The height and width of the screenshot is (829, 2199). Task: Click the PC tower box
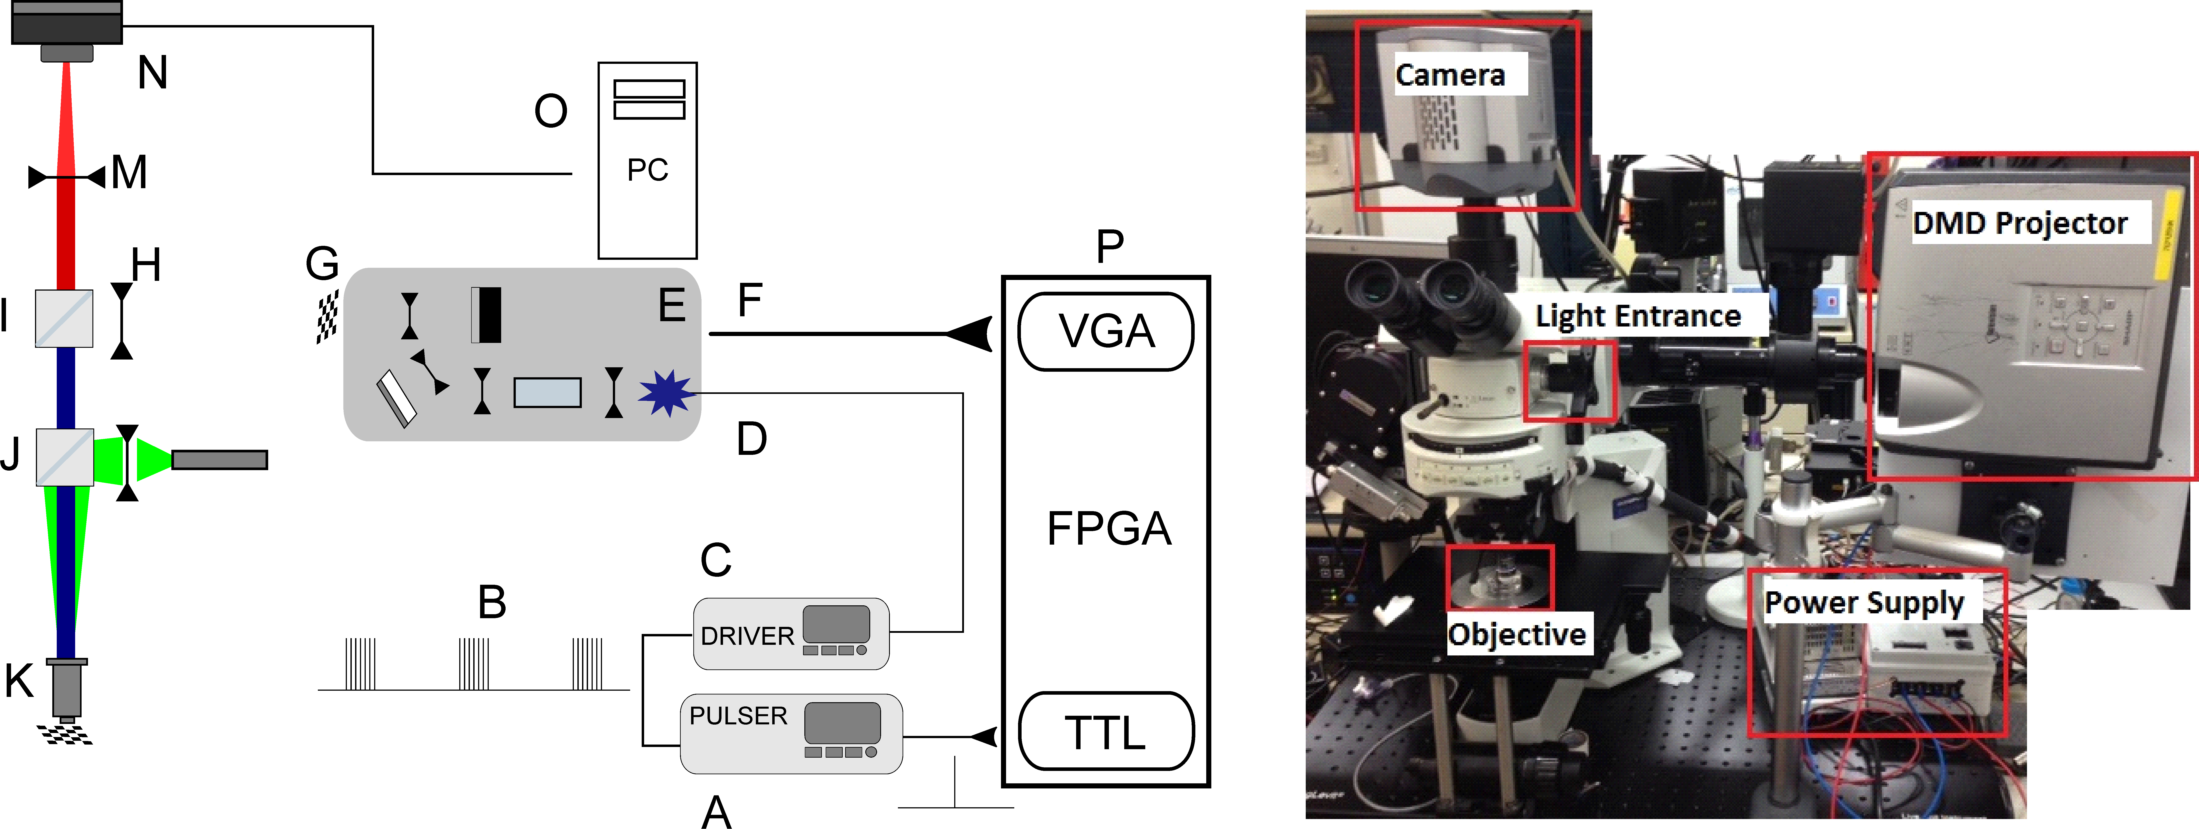[x=647, y=160]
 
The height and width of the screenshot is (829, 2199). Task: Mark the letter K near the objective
[x=19, y=680]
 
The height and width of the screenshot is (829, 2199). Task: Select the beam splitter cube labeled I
[x=64, y=318]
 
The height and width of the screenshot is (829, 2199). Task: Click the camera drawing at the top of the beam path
[x=66, y=26]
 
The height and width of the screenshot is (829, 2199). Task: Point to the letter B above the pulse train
[x=492, y=602]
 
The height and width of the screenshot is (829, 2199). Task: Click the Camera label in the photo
[x=1450, y=75]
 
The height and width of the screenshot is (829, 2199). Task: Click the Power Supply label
[x=1863, y=603]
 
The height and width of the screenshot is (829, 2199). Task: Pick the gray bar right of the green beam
[x=219, y=460]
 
